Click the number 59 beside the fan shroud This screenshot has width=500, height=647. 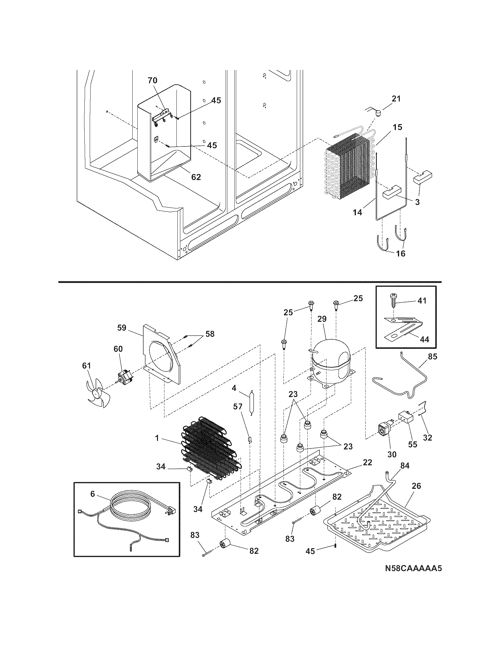(x=122, y=328)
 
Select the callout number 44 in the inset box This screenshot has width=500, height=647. (x=424, y=339)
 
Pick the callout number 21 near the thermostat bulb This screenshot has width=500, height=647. (x=396, y=99)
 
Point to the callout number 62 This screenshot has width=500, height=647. (x=196, y=177)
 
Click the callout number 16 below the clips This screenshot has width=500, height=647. (x=401, y=254)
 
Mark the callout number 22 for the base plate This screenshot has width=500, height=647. (x=367, y=462)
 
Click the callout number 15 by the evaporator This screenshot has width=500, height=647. (x=398, y=127)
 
